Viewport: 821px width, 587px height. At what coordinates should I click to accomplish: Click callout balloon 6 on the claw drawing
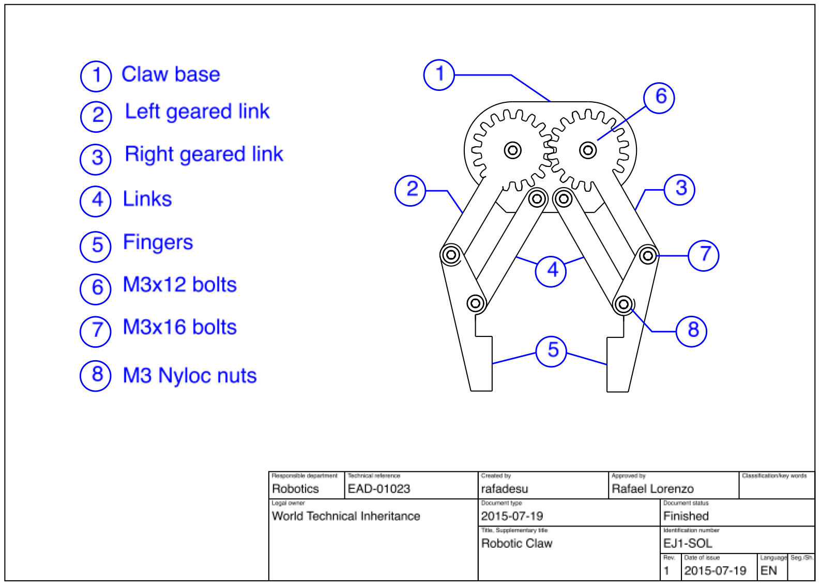tap(659, 97)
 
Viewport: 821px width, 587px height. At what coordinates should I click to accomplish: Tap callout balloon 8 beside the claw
tap(692, 331)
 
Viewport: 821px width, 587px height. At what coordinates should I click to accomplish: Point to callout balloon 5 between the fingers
tap(552, 351)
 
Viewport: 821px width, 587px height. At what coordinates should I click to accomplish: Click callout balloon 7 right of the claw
tap(704, 255)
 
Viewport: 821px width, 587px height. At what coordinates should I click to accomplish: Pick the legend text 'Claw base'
tap(171, 74)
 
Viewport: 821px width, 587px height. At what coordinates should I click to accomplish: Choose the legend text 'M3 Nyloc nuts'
tap(190, 376)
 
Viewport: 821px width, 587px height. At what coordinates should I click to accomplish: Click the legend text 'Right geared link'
tap(204, 154)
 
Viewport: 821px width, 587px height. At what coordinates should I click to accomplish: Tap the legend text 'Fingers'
tap(158, 242)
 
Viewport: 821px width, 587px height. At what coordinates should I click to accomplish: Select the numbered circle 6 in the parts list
tap(96, 288)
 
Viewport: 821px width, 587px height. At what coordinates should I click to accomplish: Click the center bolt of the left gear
tap(513, 150)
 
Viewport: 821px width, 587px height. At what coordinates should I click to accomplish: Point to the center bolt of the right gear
tap(588, 150)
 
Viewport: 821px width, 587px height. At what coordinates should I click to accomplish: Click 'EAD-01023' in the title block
tap(379, 489)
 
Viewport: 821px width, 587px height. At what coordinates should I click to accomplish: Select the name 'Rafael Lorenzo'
tap(652, 489)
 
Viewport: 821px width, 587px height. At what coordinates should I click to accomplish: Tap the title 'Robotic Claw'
tap(516, 544)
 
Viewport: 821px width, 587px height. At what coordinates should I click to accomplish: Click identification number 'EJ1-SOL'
tap(688, 544)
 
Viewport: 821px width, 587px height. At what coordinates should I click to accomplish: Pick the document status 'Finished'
tap(686, 516)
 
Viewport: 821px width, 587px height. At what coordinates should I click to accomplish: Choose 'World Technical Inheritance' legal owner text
tap(346, 516)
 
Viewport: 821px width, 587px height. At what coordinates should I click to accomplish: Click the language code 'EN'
tap(768, 571)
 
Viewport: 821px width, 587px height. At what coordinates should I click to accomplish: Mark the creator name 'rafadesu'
tap(505, 489)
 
